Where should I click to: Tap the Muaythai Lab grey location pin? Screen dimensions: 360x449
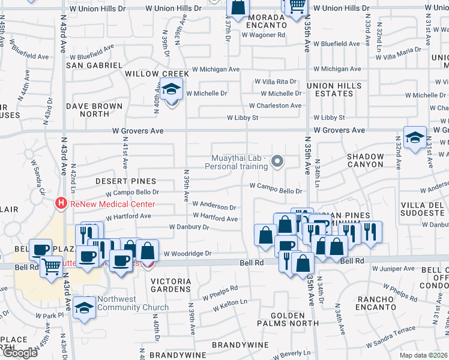pos(277,161)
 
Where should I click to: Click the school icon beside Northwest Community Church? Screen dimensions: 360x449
pos(85,307)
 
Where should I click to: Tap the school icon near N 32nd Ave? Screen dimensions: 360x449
pos(415,137)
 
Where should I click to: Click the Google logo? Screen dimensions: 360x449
pos(19,353)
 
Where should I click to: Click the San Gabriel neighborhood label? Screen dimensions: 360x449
pos(94,65)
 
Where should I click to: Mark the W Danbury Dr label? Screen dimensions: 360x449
pos(189,227)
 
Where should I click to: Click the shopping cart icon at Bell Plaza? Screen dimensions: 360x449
pos(51,266)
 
